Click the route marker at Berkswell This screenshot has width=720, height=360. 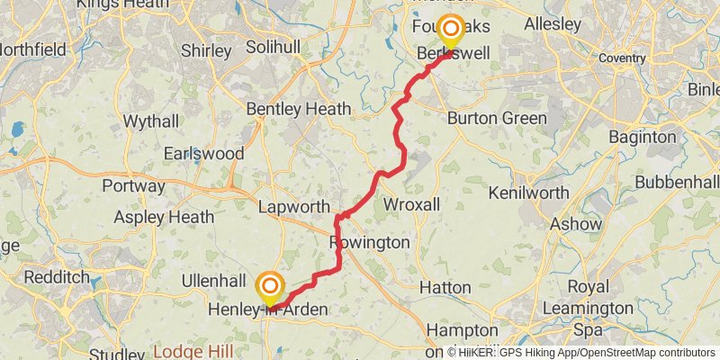[x=448, y=30]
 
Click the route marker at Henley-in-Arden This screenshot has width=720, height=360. [x=269, y=287]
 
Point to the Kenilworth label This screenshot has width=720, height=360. [x=528, y=193]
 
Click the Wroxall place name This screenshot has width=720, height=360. [x=412, y=205]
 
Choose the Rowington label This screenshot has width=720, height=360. [x=369, y=243]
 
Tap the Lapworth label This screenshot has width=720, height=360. [x=293, y=207]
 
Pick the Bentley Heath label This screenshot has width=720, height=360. [x=299, y=109]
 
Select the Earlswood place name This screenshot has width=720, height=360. [x=203, y=153]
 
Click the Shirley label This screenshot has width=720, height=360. [x=206, y=50]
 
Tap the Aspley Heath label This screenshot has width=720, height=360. [x=165, y=217]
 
